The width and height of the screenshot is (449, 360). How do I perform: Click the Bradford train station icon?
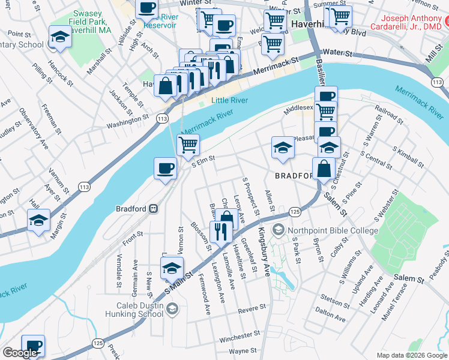pyautogui.click(x=154, y=209)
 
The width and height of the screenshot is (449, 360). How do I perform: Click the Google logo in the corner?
pyautogui.click(x=20, y=353)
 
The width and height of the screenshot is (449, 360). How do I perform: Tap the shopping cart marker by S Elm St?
pyautogui.click(x=188, y=144)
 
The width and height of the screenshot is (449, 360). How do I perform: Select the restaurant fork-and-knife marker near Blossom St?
pyautogui.click(x=220, y=232)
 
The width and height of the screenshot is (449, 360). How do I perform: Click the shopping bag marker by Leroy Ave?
pyautogui.click(x=227, y=220)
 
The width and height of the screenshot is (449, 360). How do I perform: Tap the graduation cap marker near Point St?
pyautogui.click(x=59, y=37)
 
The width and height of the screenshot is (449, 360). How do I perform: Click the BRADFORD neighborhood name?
pyautogui.click(x=294, y=176)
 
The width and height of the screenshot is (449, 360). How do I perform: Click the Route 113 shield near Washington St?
pyautogui.click(x=161, y=119)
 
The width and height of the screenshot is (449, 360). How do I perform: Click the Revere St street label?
pyautogui.click(x=252, y=309)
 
